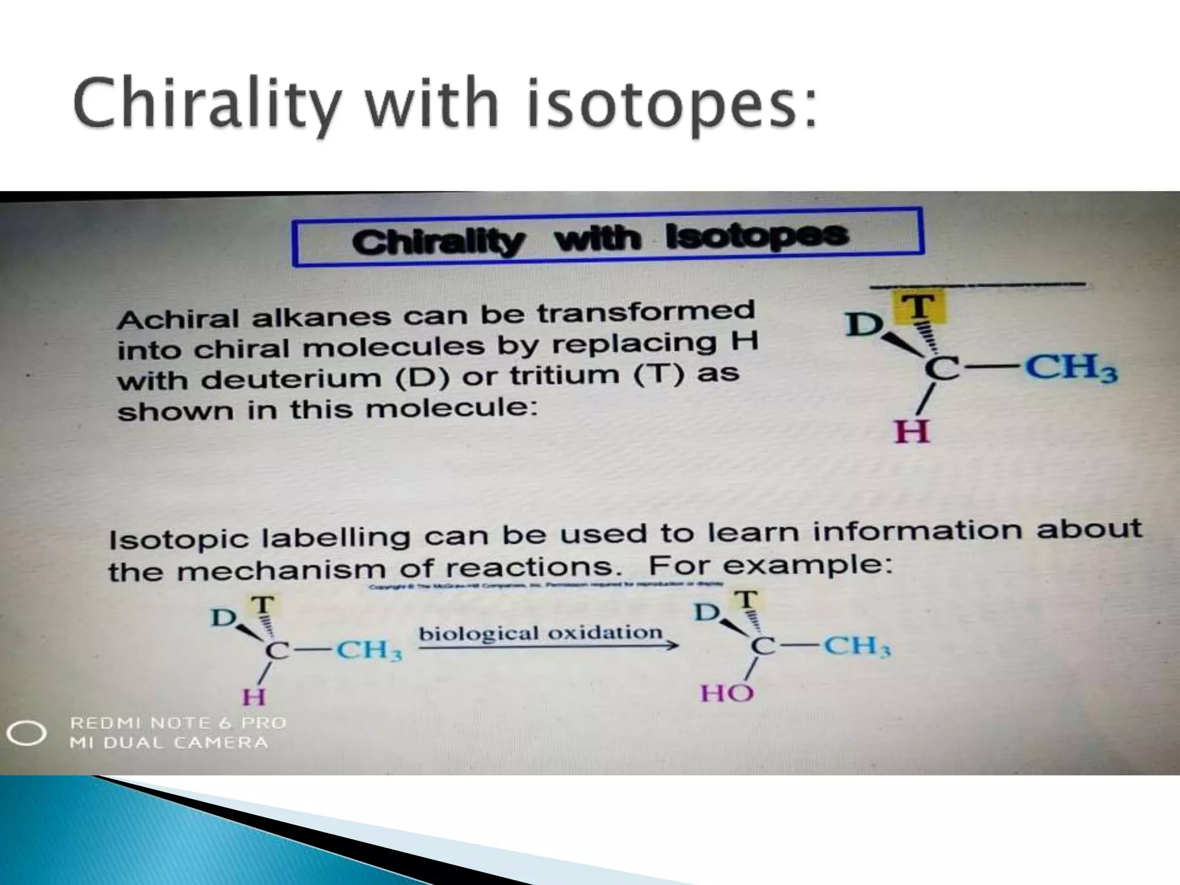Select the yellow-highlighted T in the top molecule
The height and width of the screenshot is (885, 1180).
pyautogui.click(x=919, y=306)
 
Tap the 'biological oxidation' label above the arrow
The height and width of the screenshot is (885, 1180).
pyautogui.click(x=540, y=633)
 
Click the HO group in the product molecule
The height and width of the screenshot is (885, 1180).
pyautogui.click(x=727, y=693)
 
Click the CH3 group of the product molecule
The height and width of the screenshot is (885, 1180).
pyautogui.click(x=857, y=646)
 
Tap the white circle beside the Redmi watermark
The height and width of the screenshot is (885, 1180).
pyautogui.click(x=26, y=733)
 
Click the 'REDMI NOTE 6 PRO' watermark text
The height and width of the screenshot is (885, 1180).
pyautogui.click(x=178, y=723)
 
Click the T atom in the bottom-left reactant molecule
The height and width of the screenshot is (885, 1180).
pyautogui.click(x=263, y=605)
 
